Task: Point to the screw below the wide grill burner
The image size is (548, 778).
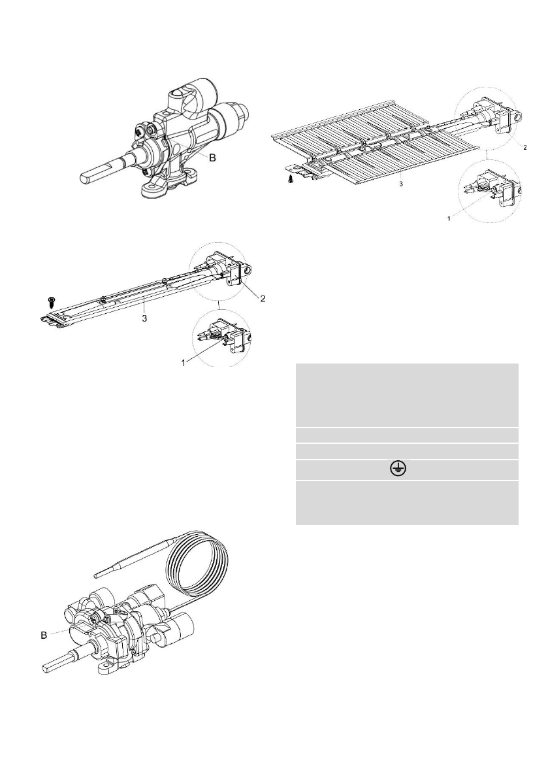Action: pos(291,178)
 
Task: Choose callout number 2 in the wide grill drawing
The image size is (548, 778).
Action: pos(524,147)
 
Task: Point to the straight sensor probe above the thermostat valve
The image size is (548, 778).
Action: pos(131,559)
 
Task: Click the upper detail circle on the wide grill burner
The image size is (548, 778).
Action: pos(491,117)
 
